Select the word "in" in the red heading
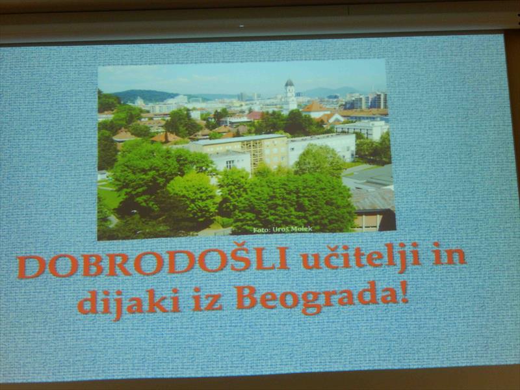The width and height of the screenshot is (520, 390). [x=449, y=255]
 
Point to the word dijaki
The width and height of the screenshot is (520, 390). [x=128, y=302]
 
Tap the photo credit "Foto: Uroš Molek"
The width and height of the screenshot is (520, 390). [x=283, y=229]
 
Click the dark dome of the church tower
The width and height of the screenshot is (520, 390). [x=289, y=83]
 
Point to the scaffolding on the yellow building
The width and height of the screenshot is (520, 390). [x=252, y=156]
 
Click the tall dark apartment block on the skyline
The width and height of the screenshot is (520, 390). [x=378, y=100]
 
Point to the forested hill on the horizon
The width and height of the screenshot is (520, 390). [x=146, y=96]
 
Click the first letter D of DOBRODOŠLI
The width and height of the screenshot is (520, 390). [x=31, y=267]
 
